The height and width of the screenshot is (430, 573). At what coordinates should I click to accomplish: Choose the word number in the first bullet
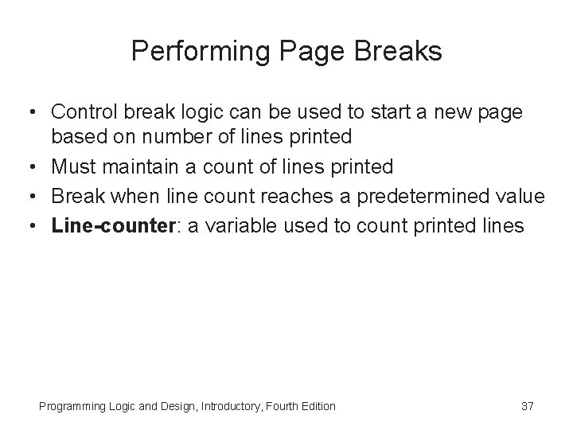tap(168, 136)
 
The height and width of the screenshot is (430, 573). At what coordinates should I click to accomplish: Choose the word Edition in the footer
tap(317, 407)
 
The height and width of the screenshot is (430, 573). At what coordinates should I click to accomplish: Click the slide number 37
tap(527, 407)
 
